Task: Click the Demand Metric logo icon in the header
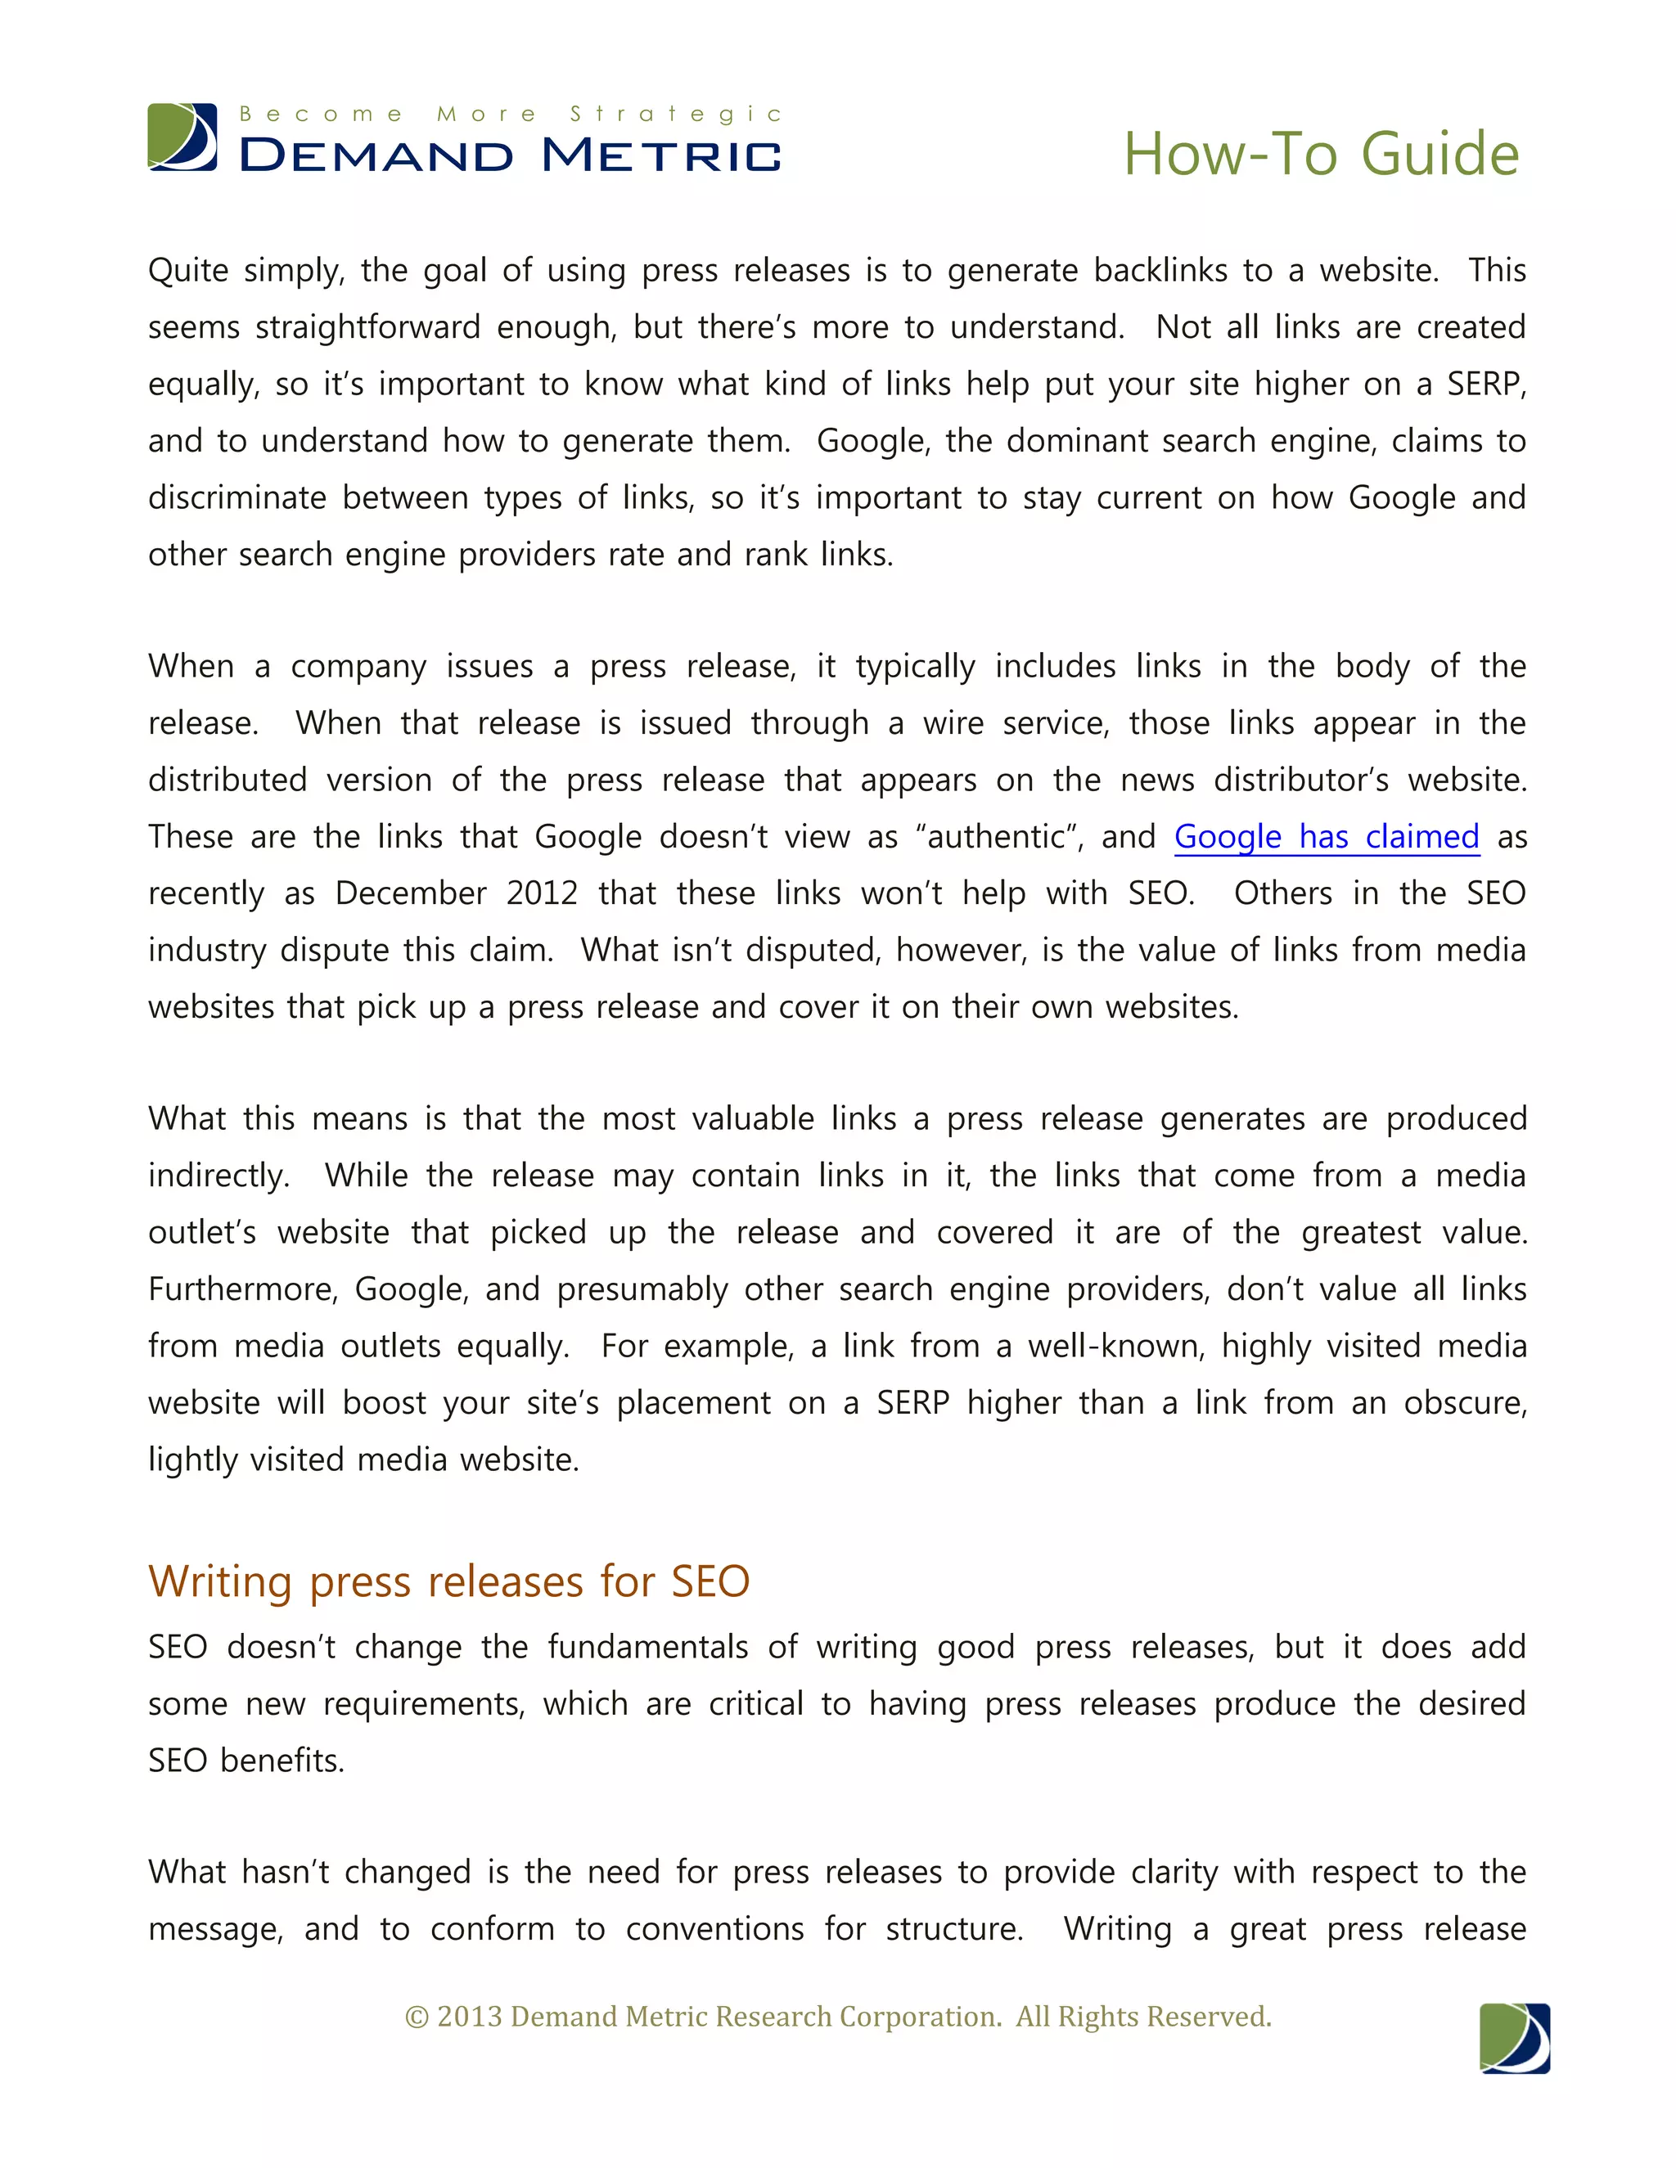click(x=182, y=137)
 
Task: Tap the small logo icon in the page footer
click(x=1514, y=2038)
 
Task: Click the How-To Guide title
click(x=1321, y=154)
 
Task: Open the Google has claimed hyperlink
click(x=1327, y=837)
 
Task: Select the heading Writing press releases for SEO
click(x=448, y=1581)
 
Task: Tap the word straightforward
click(x=367, y=326)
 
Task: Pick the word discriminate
click(x=237, y=497)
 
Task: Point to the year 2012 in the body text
click(x=541, y=893)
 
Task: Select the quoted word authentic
click(x=1002, y=837)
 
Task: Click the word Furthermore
click(x=243, y=1289)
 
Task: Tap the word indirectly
click(x=219, y=1176)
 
